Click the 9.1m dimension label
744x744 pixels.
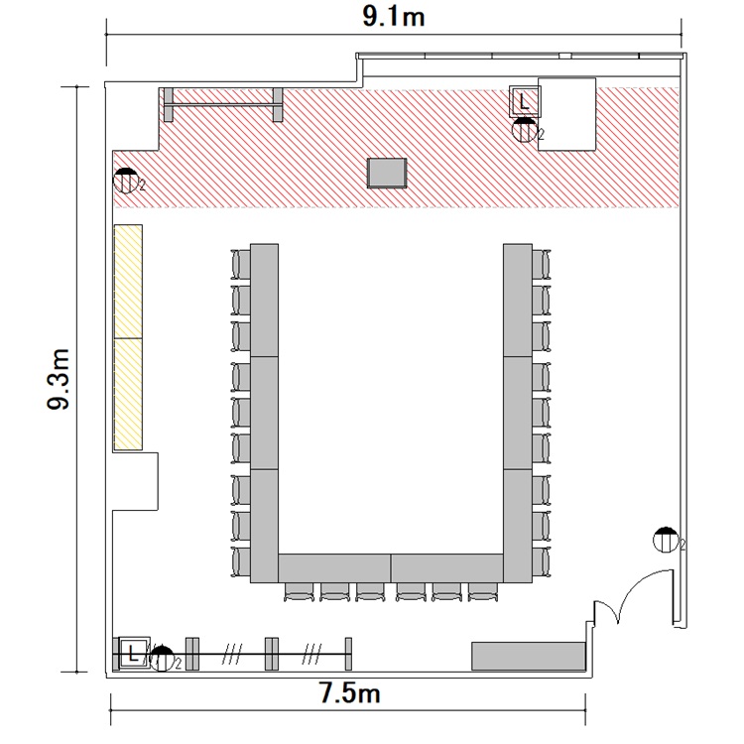tap(394, 17)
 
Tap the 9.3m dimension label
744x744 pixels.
tap(59, 379)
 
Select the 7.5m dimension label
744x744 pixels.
tap(350, 692)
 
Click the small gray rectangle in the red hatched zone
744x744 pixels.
tap(387, 174)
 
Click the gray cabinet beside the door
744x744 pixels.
tap(528, 656)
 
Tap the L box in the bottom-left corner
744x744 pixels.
tap(133, 654)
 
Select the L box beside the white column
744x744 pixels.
tap(524, 101)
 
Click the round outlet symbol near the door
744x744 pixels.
tap(666, 540)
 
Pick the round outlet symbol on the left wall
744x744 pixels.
tap(125, 181)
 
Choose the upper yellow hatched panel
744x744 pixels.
tap(128, 282)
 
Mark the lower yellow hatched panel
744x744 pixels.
tap(128, 394)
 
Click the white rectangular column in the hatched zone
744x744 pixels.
tap(566, 114)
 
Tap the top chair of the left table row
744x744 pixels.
tap(241, 264)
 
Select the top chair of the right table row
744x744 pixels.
tap(542, 264)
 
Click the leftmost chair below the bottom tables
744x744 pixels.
tap(299, 592)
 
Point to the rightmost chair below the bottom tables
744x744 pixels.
tap(483, 592)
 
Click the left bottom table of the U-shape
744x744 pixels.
tap(334, 568)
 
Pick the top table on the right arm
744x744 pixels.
tap(518, 301)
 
